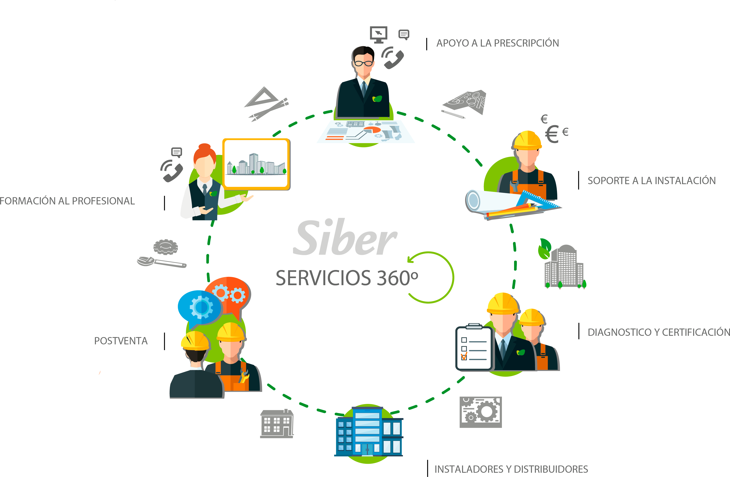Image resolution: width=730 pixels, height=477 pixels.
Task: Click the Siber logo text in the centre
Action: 345,238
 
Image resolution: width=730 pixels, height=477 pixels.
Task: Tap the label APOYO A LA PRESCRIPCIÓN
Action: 497,43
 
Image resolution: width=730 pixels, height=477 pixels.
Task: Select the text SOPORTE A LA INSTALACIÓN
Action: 651,181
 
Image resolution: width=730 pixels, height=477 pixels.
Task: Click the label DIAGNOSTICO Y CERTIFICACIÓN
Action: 658,332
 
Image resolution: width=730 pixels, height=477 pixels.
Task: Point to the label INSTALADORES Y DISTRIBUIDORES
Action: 511,469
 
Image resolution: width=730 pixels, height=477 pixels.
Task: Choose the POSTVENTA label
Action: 121,341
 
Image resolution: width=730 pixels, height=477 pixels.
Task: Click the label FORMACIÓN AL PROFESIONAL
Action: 67,201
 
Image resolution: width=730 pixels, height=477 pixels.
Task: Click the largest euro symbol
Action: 552,134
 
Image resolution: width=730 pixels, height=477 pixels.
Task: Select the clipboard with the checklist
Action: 474,348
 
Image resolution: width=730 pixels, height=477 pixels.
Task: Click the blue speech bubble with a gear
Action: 200,307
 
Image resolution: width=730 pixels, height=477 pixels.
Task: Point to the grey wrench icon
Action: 161,262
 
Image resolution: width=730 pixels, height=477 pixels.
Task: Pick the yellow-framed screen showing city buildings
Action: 257,164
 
